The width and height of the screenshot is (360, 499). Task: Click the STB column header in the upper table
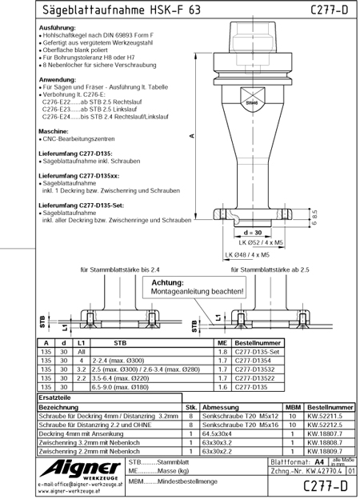pyautogui.click(x=121, y=342)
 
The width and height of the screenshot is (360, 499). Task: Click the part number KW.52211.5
pyautogui.click(x=329, y=416)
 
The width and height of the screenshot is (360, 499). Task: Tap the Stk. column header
pyautogui.click(x=191, y=406)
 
